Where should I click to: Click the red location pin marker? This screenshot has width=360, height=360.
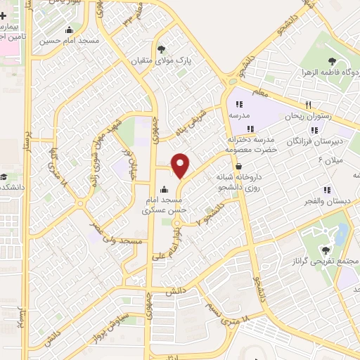point(181,166)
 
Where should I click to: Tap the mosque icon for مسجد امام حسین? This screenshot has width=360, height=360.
point(69,30)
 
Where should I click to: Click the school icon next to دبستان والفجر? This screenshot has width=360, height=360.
point(326,189)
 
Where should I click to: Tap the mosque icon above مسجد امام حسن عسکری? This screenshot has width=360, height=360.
point(164,188)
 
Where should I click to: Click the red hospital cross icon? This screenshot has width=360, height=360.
point(4,15)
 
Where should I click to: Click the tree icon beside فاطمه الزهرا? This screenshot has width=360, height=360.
point(331,61)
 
